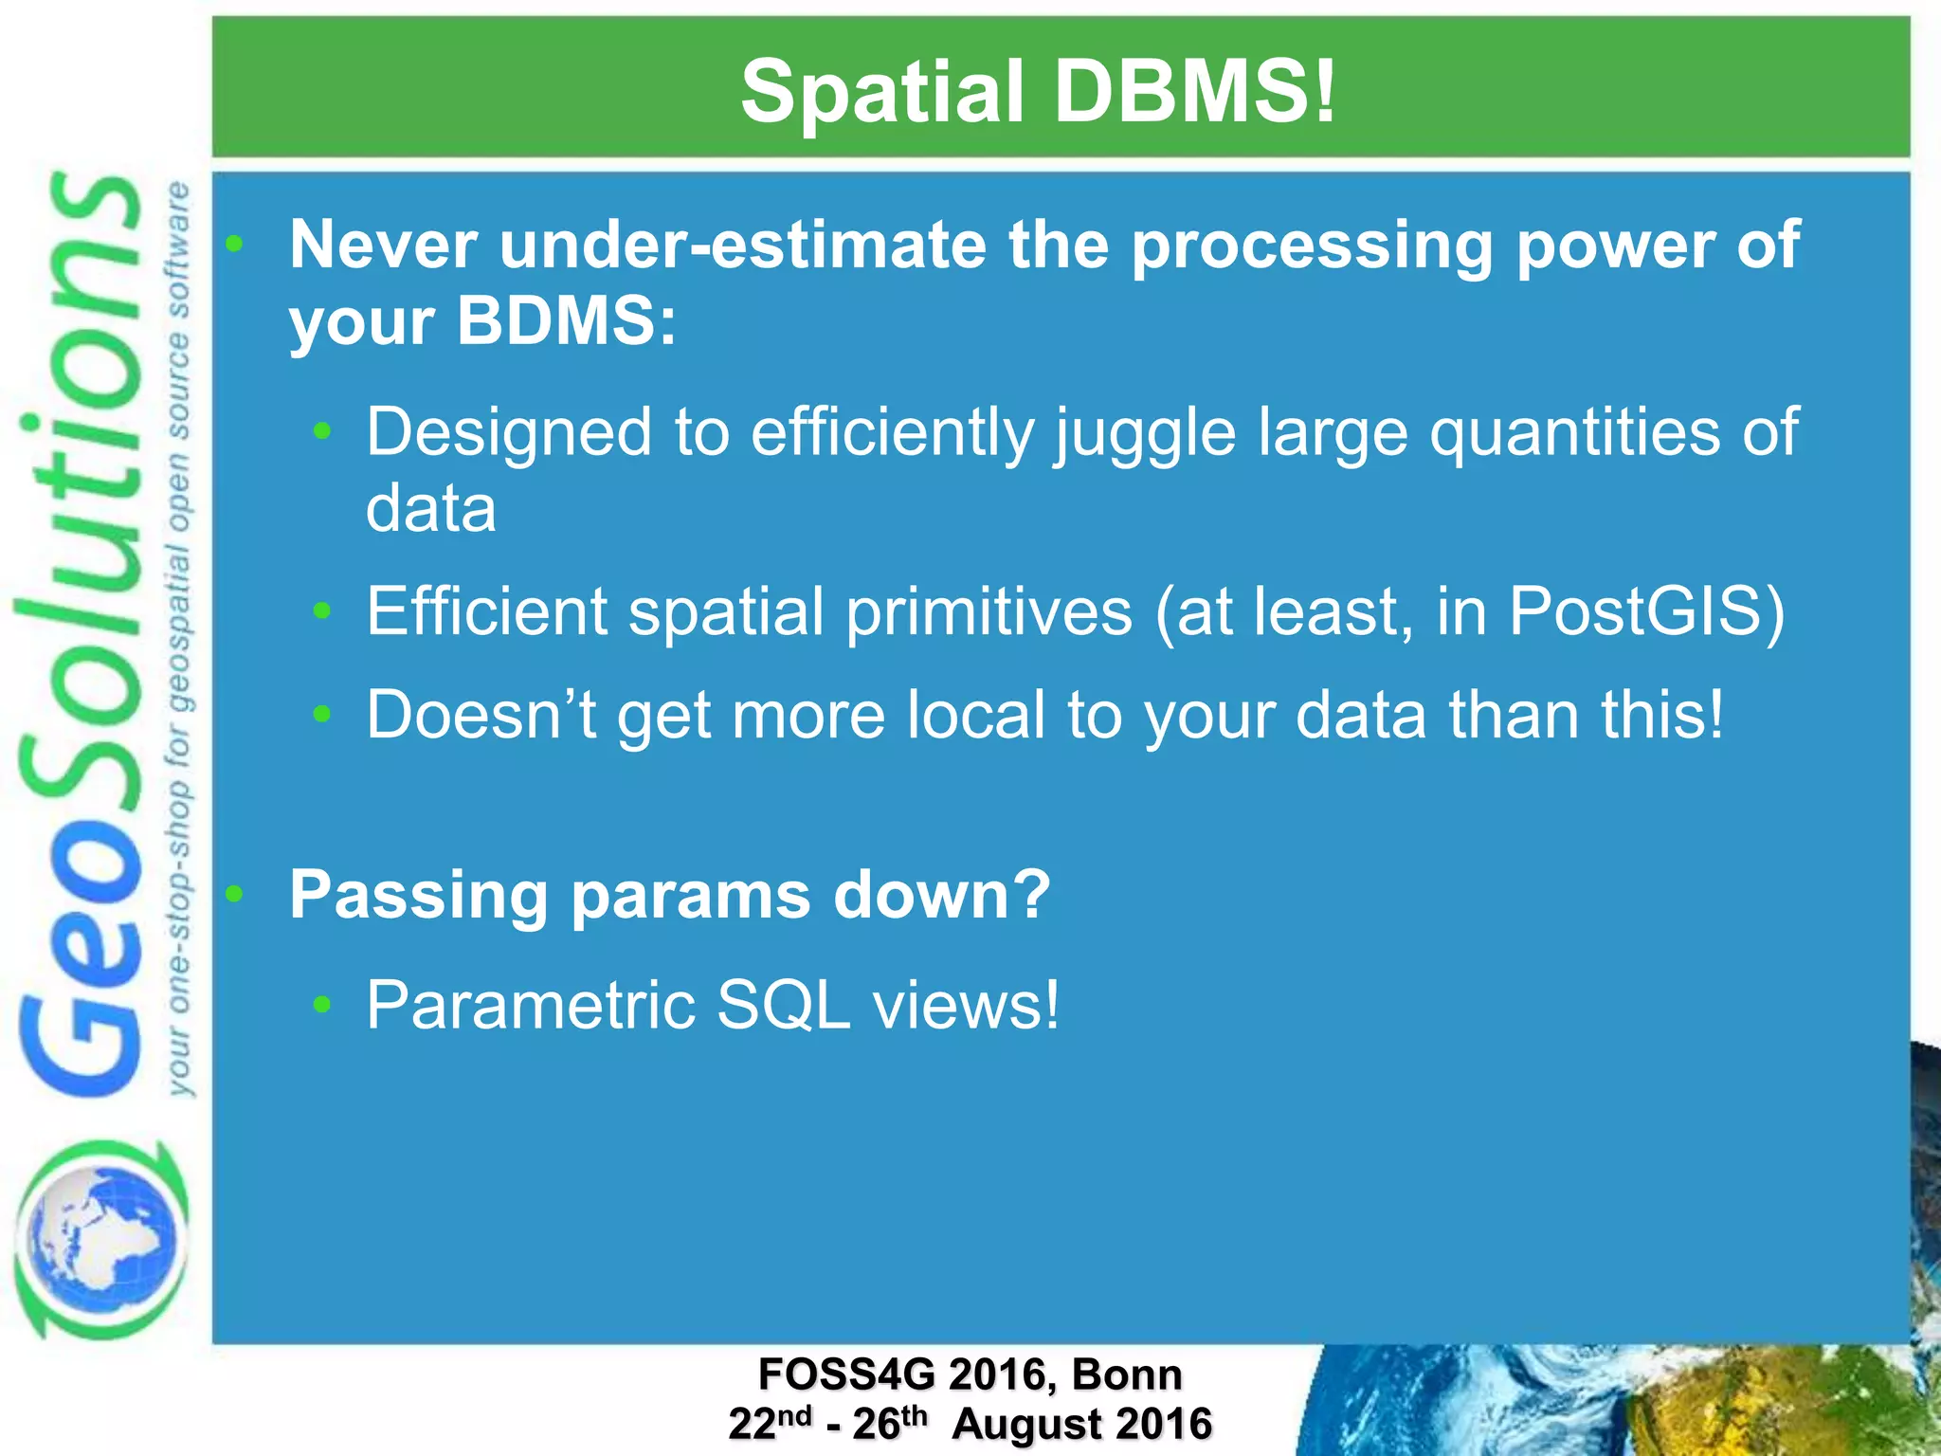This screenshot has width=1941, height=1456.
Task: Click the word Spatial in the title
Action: (881, 92)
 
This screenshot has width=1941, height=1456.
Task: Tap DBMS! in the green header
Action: (1194, 92)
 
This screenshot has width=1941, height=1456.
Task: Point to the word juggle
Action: (1145, 433)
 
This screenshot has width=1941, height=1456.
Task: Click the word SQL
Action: (783, 1005)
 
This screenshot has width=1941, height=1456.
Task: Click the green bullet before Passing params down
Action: (235, 894)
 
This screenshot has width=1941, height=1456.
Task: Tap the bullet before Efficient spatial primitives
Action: (322, 611)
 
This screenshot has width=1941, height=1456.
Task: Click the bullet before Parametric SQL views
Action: (322, 1005)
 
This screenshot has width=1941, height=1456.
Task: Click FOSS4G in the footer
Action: (846, 1374)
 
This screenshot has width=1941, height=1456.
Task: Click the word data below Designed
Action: (430, 509)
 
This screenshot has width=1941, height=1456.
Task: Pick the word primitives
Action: (989, 611)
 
